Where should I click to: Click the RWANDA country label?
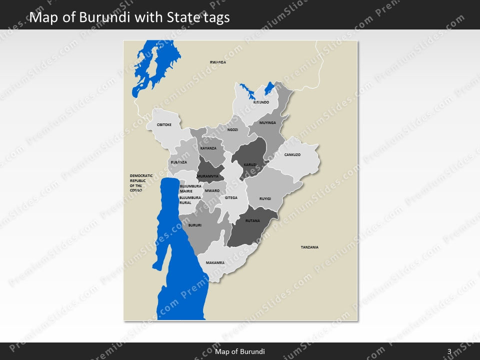click(217, 62)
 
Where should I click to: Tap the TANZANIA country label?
click(309, 247)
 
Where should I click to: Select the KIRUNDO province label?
click(261, 102)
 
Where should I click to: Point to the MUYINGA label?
click(267, 122)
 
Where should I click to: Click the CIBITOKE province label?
click(164, 124)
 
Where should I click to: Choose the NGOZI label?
click(232, 129)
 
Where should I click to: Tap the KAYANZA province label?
click(208, 148)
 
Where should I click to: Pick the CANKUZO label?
click(292, 154)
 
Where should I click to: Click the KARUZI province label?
click(250, 164)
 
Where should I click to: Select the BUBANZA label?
click(178, 162)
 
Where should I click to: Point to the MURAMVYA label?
click(207, 176)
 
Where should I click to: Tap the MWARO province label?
click(212, 190)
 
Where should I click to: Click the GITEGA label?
click(231, 197)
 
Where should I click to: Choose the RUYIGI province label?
click(265, 198)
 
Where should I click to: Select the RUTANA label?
click(252, 220)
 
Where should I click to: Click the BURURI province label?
click(194, 225)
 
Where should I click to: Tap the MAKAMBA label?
click(215, 262)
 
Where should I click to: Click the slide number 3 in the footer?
click(449, 351)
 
